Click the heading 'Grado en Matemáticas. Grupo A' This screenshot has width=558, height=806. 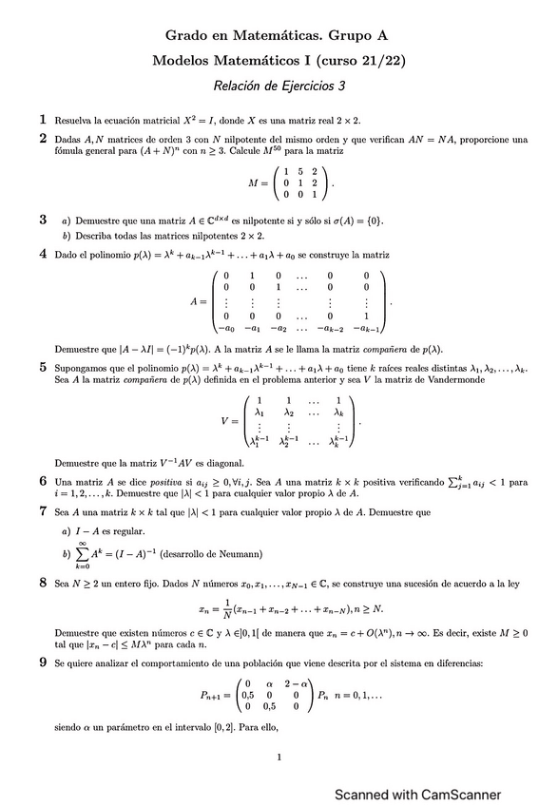278,35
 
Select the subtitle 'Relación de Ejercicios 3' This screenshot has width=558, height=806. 279,86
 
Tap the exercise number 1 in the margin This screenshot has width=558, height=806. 43,120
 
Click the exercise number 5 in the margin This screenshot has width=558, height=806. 43,366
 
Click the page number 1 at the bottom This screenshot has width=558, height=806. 279,758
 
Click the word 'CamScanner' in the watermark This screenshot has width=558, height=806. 457,795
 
